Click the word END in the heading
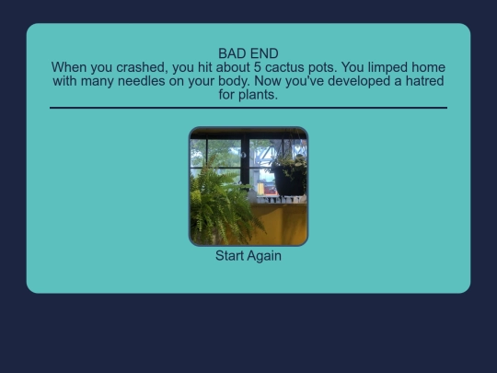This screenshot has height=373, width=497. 264,54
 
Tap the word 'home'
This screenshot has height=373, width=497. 426,68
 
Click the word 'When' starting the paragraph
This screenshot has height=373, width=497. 70,68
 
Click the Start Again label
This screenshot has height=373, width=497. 248,256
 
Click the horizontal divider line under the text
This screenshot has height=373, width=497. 248,108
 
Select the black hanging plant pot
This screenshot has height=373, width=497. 290,180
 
